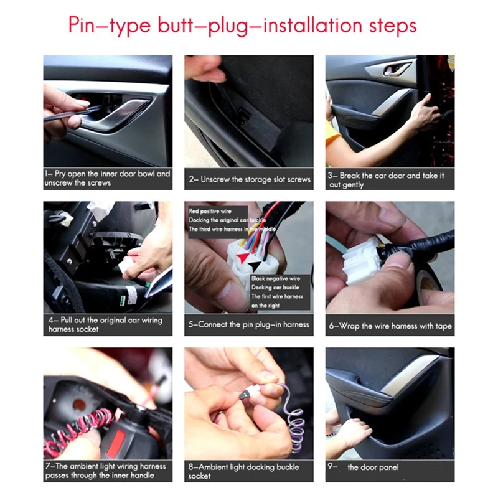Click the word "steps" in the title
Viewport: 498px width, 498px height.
tap(393, 26)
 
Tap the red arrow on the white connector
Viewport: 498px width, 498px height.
tap(243, 257)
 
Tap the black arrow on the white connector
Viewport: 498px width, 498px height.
tap(255, 265)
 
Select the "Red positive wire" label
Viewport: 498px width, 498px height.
tap(210, 211)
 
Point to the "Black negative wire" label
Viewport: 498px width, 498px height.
tap(276, 278)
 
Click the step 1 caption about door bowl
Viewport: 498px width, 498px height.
tap(108, 178)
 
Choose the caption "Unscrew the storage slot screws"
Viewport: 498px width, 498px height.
tap(250, 179)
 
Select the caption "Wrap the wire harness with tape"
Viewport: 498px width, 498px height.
tap(390, 326)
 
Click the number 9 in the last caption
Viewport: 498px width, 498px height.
tap(331, 466)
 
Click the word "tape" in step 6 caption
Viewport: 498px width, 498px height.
tap(441, 326)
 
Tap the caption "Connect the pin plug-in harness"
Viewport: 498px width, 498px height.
tap(248, 324)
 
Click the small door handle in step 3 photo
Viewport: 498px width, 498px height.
tap(397, 69)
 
